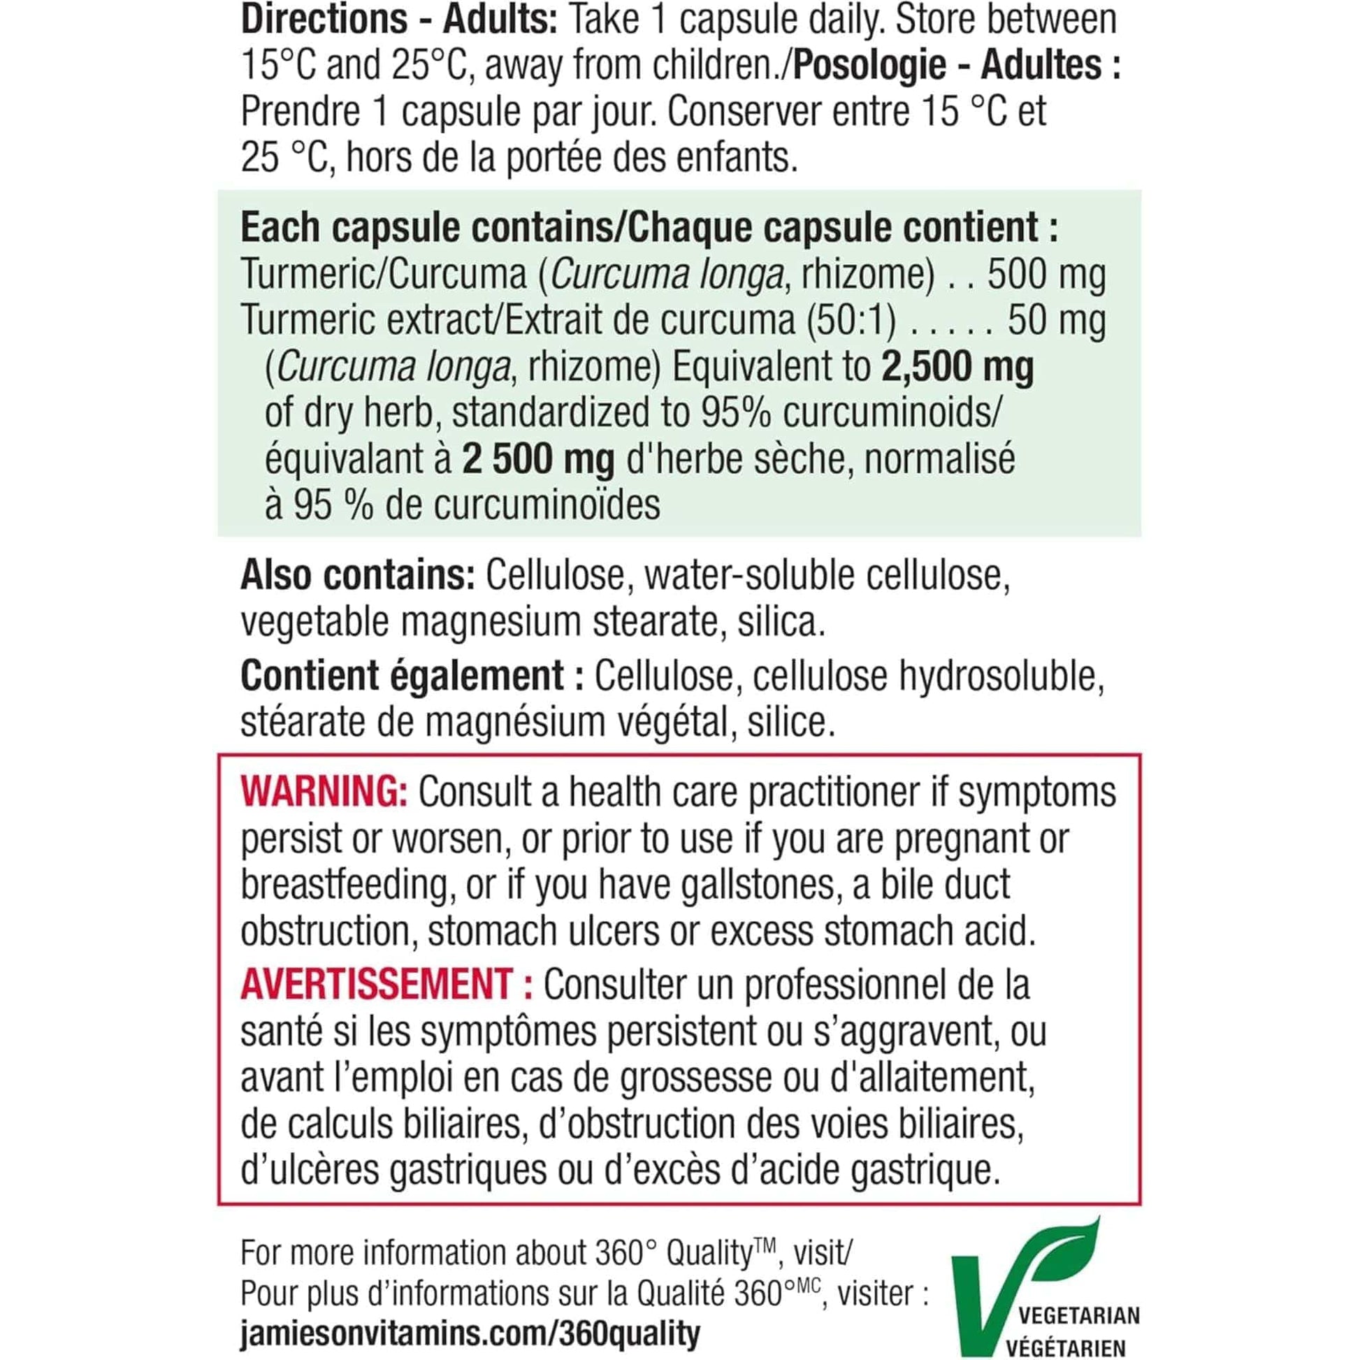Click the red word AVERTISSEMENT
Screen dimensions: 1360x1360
pos(376,983)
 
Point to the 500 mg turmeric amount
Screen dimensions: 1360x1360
pos(1046,275)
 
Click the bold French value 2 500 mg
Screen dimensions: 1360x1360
pos(539,460)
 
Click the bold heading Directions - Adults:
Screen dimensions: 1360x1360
pos(399,20)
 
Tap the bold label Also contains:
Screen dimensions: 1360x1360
pos(358,576)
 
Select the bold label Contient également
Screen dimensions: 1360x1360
pos(402,676)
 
